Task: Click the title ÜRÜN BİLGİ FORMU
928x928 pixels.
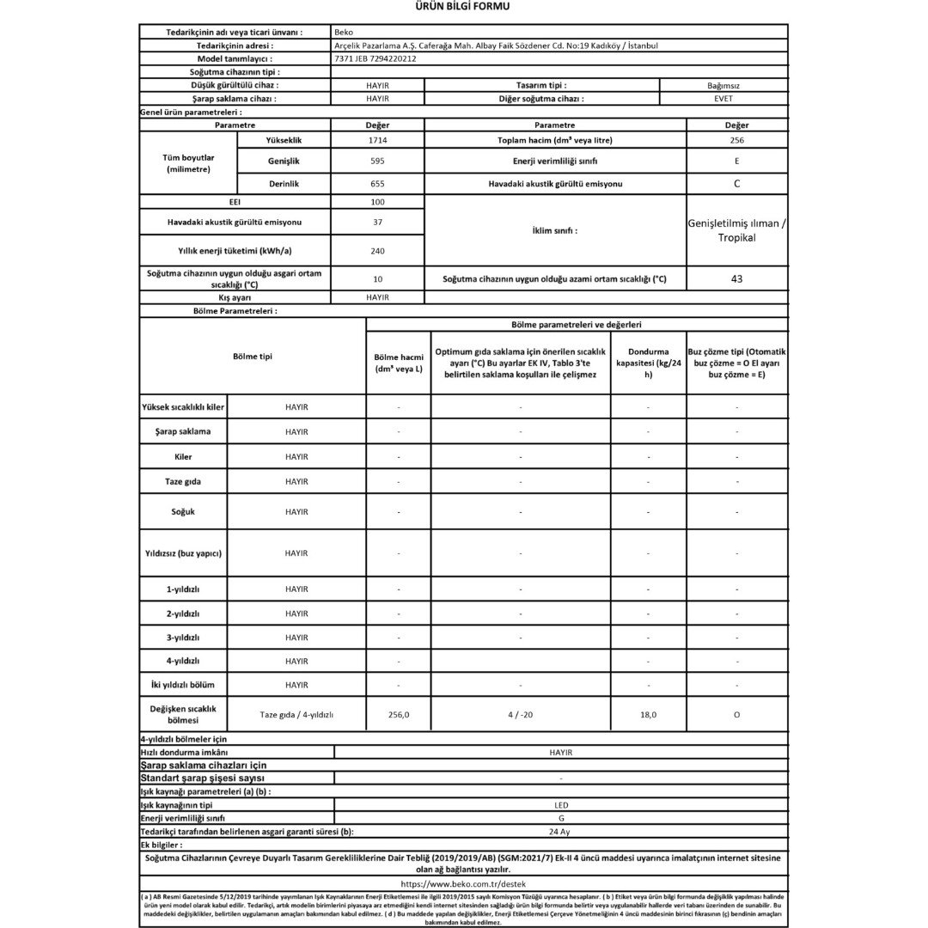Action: tap(463, 8)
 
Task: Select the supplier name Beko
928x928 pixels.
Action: tap(343, 32)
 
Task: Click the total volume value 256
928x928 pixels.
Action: tap(736, 140)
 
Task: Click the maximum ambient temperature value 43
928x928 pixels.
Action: tap(736, 279)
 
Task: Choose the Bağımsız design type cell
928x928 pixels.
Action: tap(723, 86)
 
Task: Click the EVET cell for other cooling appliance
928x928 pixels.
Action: tap(723, 99)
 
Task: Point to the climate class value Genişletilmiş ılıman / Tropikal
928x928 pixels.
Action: tap(736, 230)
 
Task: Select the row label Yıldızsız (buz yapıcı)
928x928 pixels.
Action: tap(183, 553)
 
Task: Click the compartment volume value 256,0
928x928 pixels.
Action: tap(398, 715)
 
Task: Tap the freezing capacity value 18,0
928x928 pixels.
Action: tap(648, 715)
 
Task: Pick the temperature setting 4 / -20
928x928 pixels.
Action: tap(520, 715)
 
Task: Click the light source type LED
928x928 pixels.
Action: tap(560, 805)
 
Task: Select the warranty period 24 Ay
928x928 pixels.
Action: tap(560, 832)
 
